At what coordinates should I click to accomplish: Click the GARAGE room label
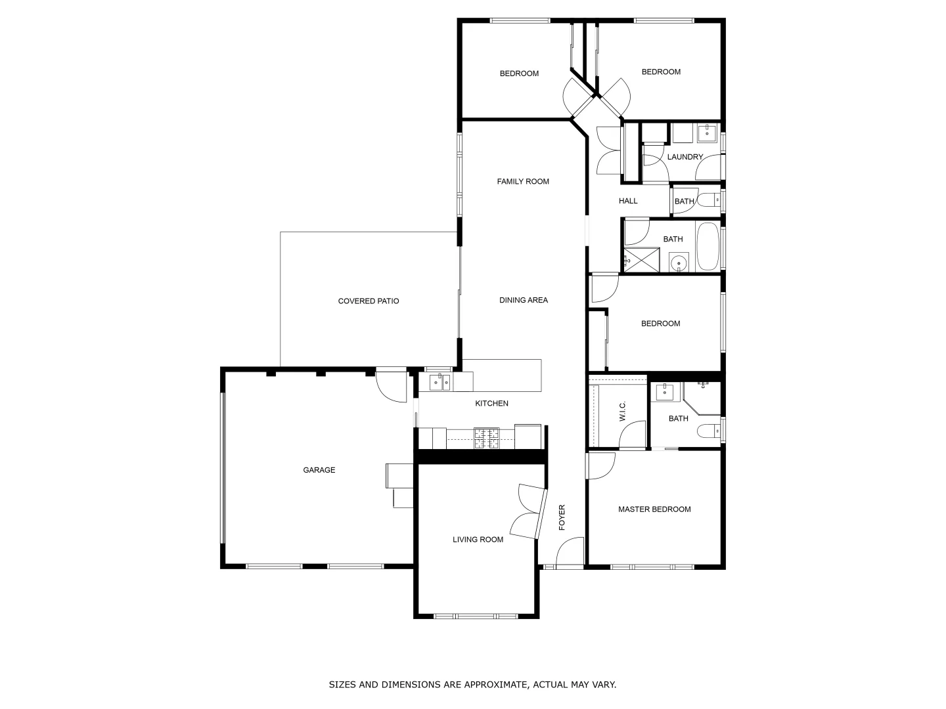pos(319,470)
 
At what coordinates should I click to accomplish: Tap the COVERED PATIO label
pos(369,301)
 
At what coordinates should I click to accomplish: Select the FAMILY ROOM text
pos(523,182)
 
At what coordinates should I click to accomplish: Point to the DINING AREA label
pos(524,301)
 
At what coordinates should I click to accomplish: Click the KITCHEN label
pos(491,404)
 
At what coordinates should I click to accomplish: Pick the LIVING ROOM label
pos(478,540)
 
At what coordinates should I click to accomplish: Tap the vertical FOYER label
pos(562,517)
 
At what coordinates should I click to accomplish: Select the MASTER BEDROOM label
pos(654,509)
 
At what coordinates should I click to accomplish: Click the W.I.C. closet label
pos(623,412)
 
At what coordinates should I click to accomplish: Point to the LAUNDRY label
pos(685,158)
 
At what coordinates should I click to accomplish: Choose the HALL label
pos(628,201)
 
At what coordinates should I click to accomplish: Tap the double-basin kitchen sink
pos(439,381)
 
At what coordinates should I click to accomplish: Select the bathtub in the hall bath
pos(708,247)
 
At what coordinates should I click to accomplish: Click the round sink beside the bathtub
pos(679,263)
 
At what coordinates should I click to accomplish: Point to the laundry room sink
pos(707,133)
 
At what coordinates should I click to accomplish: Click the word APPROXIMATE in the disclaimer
pos(485,685)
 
